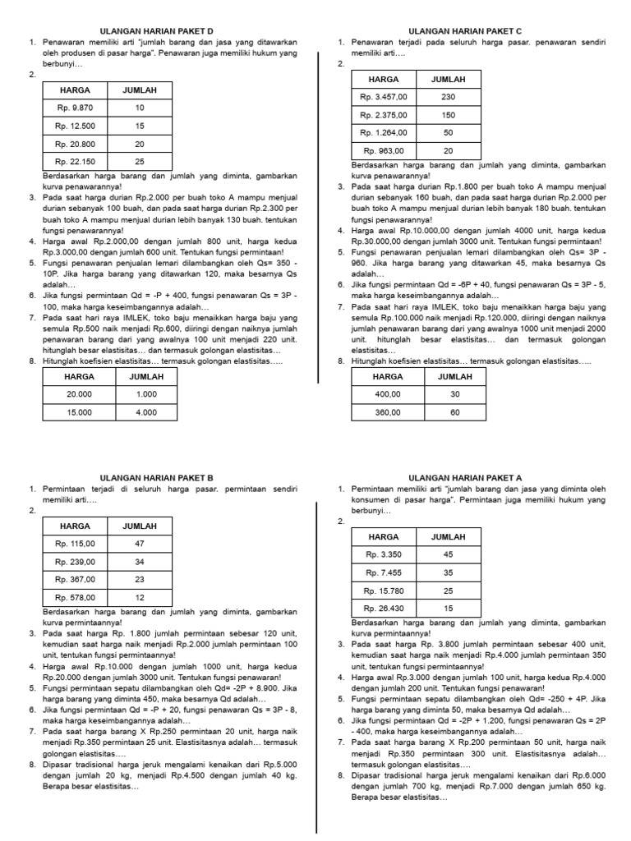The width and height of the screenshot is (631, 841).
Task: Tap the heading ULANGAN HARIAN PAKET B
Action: point(156,477)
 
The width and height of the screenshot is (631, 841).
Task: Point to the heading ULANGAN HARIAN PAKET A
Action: point(465,477)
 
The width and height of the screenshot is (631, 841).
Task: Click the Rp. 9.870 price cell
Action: point(76,108)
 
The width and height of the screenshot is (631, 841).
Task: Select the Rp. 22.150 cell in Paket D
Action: point(76,162)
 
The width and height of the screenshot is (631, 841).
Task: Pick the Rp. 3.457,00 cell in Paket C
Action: point(384,97)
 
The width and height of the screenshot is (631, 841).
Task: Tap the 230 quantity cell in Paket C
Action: point(449,97)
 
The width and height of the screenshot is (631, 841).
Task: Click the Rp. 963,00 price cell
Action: point(384,150)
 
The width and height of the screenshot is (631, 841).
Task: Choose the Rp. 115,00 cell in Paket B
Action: point(76,544)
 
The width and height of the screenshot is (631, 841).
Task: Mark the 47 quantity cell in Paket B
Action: point(140,544)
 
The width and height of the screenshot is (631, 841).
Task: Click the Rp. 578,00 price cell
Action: point(76,597)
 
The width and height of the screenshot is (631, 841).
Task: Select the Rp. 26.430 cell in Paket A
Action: point(384,608)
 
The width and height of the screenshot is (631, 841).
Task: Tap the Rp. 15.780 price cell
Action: point(384,590)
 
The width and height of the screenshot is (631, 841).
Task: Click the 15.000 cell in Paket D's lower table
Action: point(80,412)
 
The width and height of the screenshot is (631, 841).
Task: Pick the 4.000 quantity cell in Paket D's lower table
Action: point(146,412)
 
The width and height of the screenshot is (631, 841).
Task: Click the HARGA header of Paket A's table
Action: point(384,536)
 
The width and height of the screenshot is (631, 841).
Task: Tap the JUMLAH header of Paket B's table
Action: point(140,526)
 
